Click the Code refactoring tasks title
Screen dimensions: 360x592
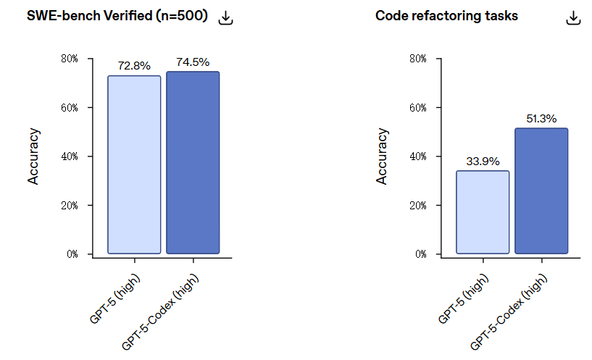(x=446, y=16)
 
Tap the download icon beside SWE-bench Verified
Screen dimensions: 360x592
(x=226, y=18)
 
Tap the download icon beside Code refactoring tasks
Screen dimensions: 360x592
(x=574, y=18)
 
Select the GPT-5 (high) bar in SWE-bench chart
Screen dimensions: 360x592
(x=134, y=164)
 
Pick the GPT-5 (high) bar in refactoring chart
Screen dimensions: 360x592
(x=483, y=212)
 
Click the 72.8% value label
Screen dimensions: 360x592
(x=134, y=66)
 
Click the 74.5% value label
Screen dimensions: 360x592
(x=193, y=62)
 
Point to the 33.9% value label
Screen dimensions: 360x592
(x=483, y=162)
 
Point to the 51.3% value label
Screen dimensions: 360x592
(x=541, y=119)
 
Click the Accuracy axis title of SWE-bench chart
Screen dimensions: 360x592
(x=33, y=156)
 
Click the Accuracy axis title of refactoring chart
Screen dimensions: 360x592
(x=382, y=156)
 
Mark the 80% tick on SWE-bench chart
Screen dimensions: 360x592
(x=70, y=59)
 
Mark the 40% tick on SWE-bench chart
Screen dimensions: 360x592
(x=70, y=156)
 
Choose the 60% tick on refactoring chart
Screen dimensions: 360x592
(x=418, y=107)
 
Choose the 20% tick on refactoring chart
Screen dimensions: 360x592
(x=418, y=206)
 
